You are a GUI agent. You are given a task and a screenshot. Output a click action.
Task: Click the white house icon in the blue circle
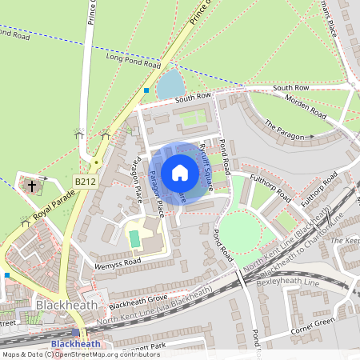point(180,173)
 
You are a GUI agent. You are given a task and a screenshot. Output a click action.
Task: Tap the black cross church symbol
point(32,186)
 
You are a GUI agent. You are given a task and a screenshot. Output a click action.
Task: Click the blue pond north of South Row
point(170,84)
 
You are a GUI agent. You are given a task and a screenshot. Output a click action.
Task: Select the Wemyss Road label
point(116,261)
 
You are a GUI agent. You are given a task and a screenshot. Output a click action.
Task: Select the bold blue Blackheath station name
point(75,344)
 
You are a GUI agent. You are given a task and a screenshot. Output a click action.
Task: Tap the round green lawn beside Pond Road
point(239,233)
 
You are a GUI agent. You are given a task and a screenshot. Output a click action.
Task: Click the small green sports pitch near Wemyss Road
point(134,238)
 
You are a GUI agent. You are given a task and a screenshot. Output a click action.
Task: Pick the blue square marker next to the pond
point(146,90)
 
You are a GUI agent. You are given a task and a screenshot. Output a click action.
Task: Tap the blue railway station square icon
point(76,332)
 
